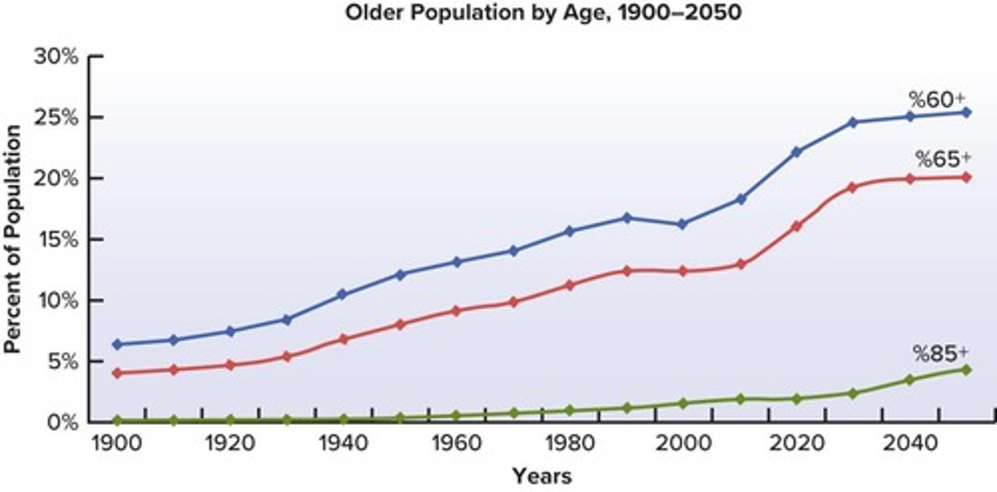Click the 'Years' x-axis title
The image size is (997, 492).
tap(542, 476)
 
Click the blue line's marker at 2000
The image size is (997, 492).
tap(682, 224)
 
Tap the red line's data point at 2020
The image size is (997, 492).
tap(796, 226)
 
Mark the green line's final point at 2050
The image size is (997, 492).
tap(967, 370)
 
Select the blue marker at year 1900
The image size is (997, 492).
tap(117, 344)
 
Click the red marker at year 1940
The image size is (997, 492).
tap(343, 339)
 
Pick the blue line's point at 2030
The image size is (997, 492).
tap(852, 122)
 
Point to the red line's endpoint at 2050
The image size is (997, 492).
tap(967, 177)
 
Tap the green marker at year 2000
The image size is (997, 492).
tap(682, 403)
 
